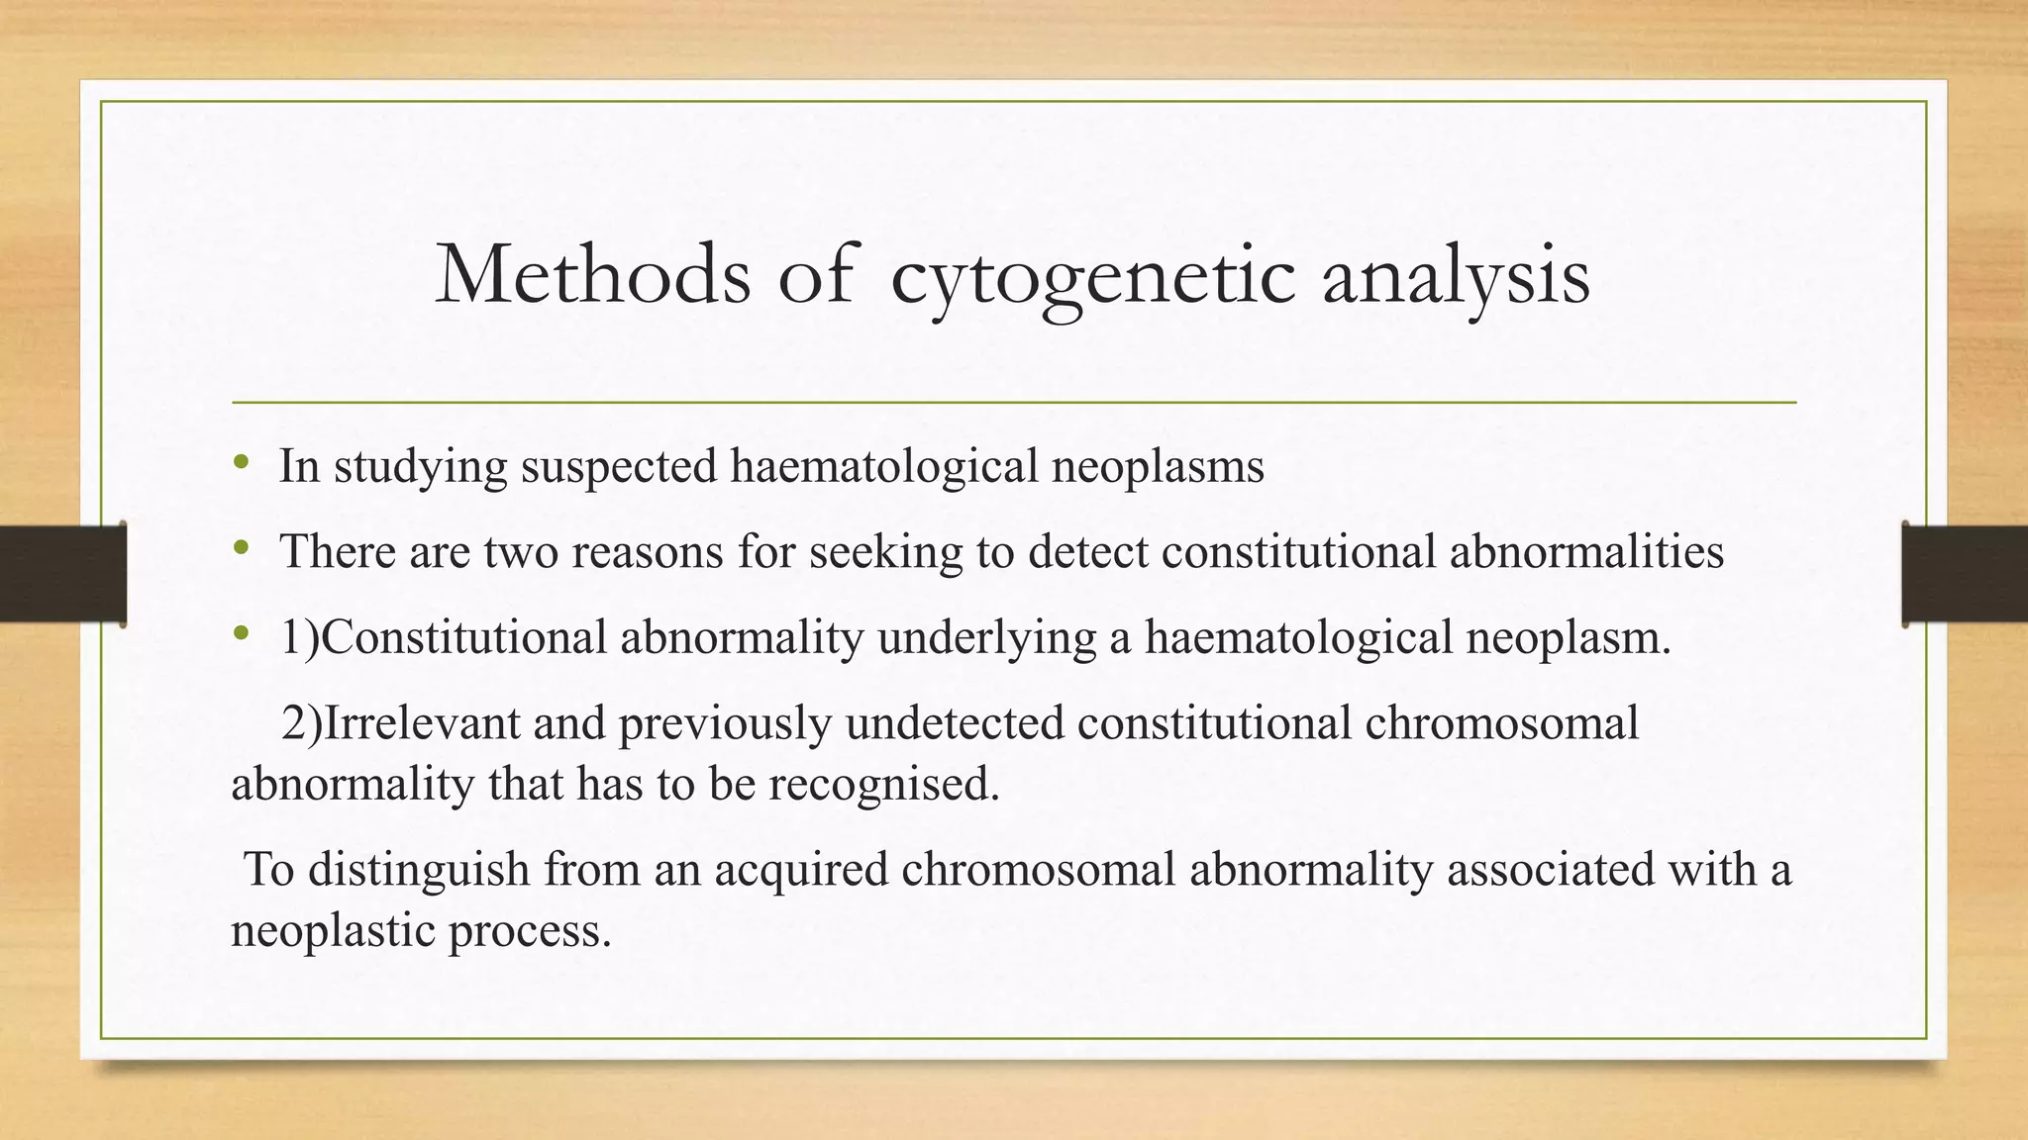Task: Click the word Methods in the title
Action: point(592,274)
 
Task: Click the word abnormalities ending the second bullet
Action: point(1586,551)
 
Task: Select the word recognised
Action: point(883,784)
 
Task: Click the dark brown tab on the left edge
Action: point(61,574)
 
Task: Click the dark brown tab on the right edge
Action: point(1965,574)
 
